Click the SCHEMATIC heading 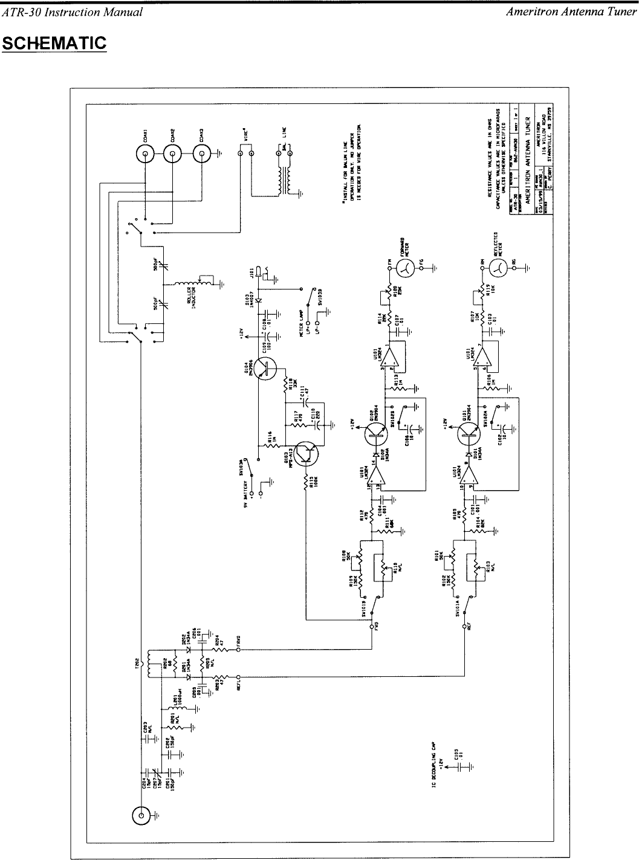coord(54,44)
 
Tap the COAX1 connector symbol coord(146,154)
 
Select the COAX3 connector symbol coord(201,154)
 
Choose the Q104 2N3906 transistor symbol coord(264,368)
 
